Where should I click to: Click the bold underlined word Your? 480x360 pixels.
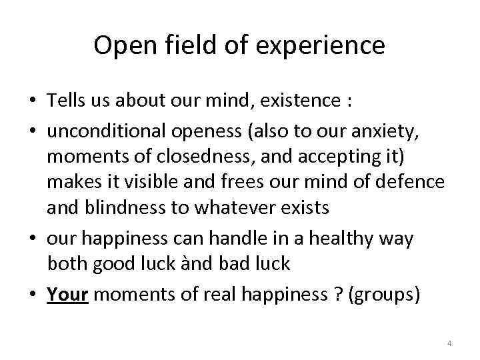pos(68,295)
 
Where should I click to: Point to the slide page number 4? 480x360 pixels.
pos(449,343)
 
